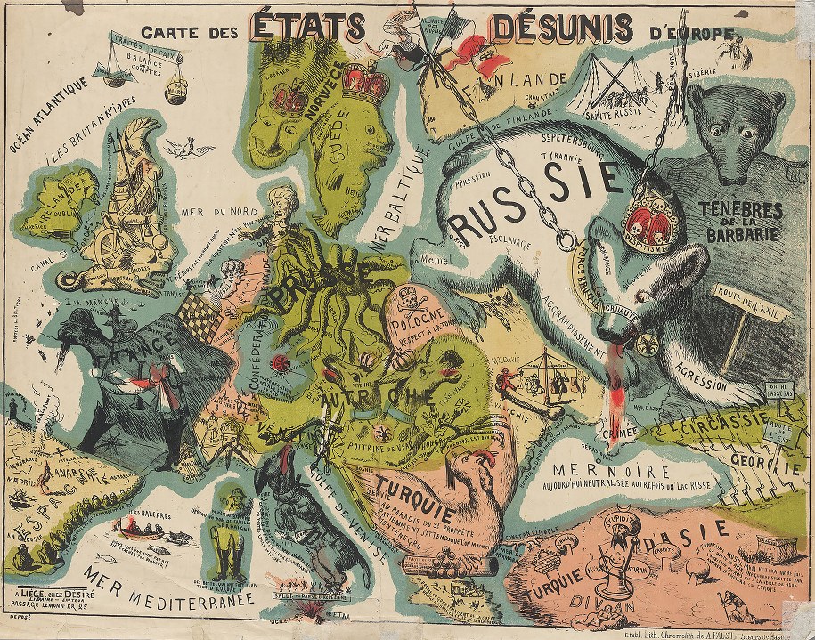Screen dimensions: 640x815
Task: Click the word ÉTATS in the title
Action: click(308, 27)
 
